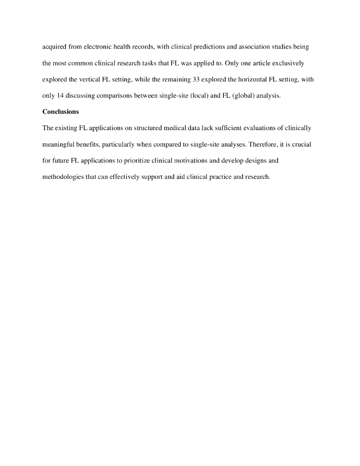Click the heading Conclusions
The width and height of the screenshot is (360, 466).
click(61, 112)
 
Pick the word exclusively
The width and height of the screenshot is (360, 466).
click(285, 63)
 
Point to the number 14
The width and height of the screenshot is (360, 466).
click(62, 96)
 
